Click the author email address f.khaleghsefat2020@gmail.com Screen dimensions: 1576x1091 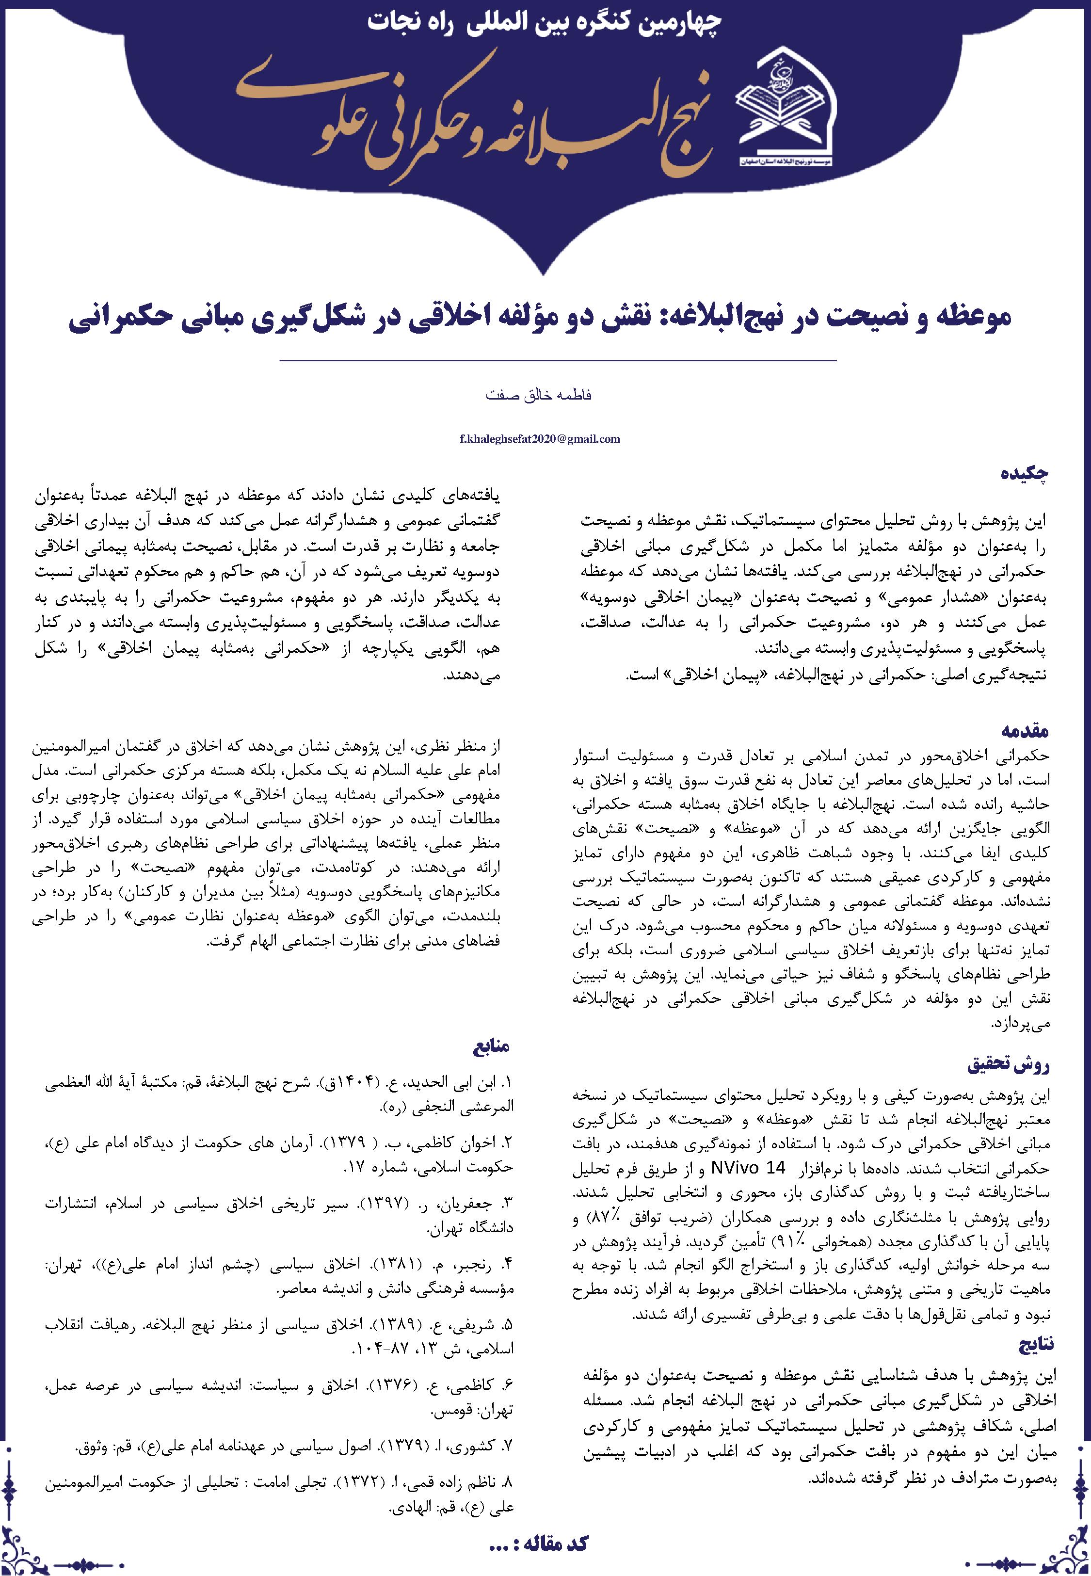540,439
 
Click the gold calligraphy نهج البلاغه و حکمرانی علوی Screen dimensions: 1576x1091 472,109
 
